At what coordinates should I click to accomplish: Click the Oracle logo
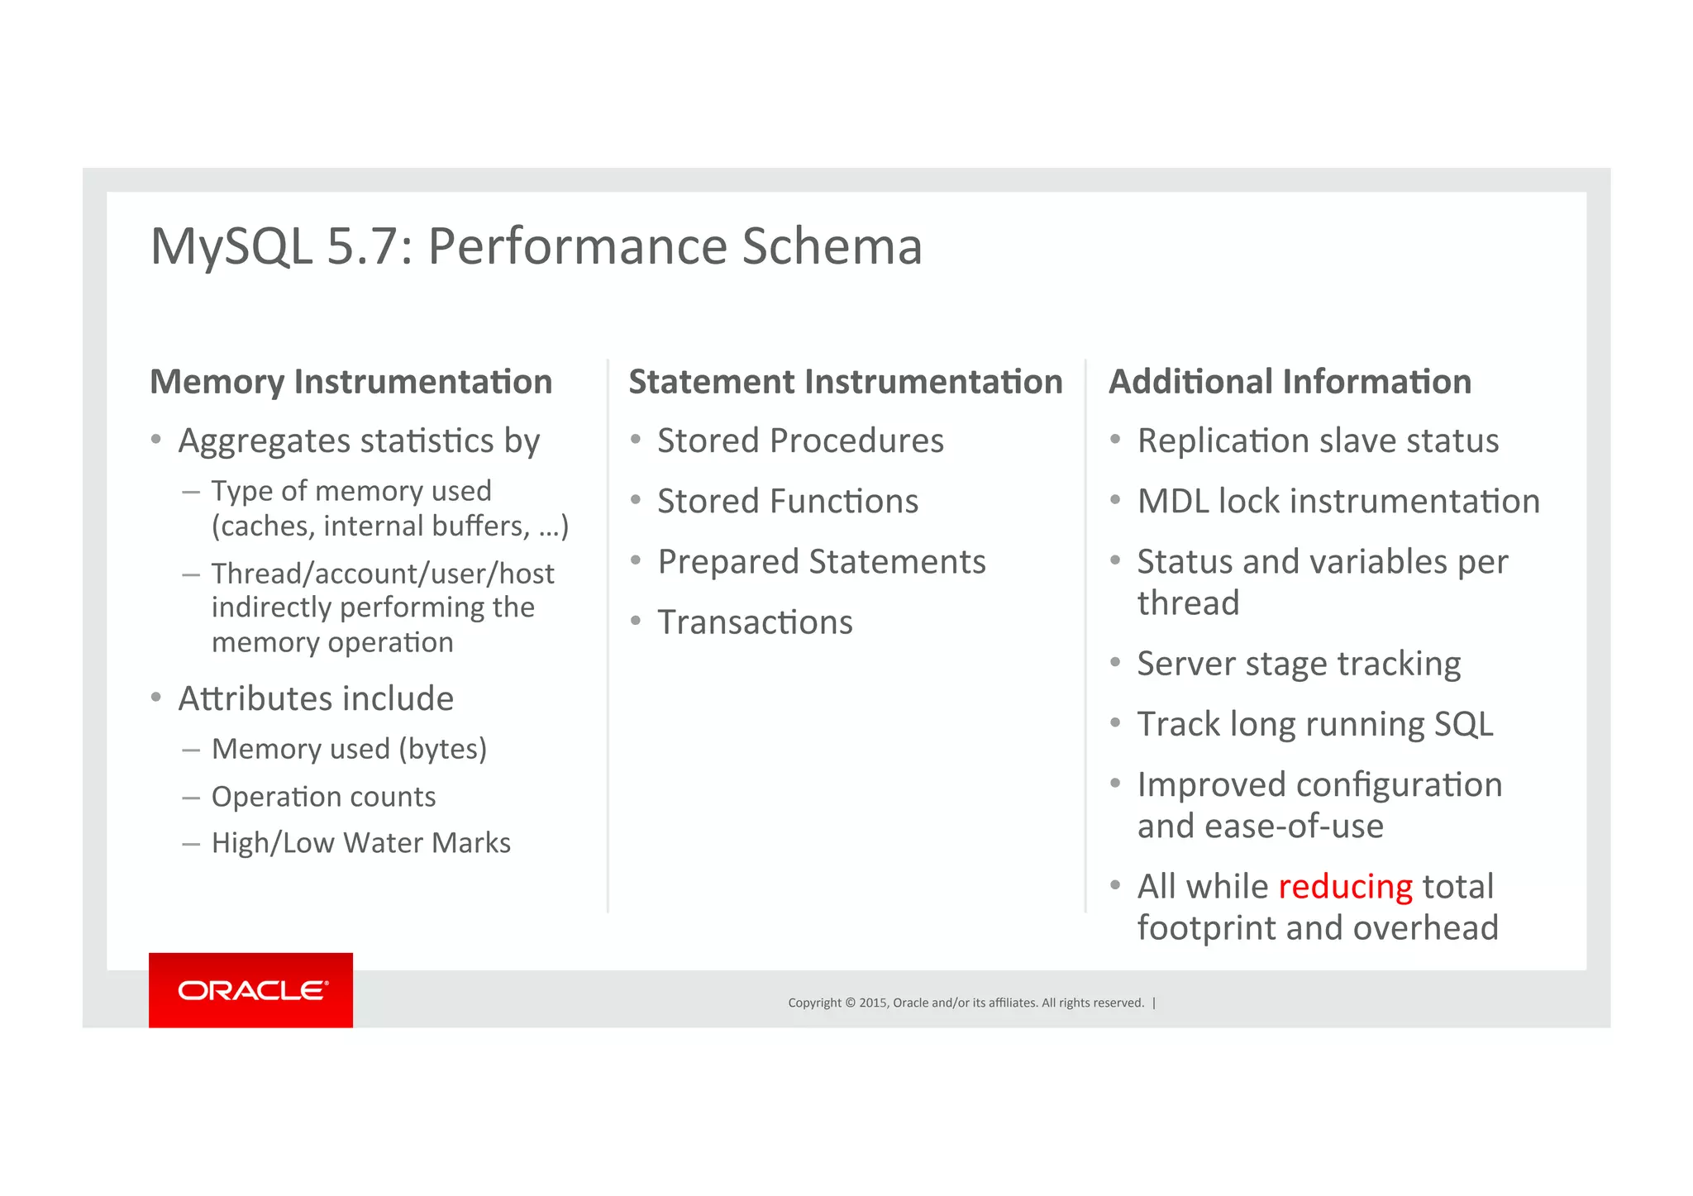pos(251,990)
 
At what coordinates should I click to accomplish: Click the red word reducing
pos(1345,887)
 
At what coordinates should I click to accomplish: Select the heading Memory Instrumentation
pos(351,382)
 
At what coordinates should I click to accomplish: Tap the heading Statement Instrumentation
pos(845,382)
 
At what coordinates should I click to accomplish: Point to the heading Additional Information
pos(1290,382)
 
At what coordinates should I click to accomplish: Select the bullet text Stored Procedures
pos(799,441)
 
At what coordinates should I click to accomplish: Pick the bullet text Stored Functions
pos(787,502)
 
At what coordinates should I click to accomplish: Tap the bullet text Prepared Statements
pos(821,562)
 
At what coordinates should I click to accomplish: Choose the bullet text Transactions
pos(754,622)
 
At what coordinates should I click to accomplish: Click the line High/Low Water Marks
pos(360,843)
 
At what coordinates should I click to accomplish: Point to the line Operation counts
pos(323,797)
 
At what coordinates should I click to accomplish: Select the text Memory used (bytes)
pos(349,749)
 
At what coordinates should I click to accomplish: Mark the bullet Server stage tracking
pos(1298,664)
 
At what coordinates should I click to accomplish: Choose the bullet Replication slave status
pos(1317,441)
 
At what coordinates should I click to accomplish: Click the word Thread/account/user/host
pos(382,574)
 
